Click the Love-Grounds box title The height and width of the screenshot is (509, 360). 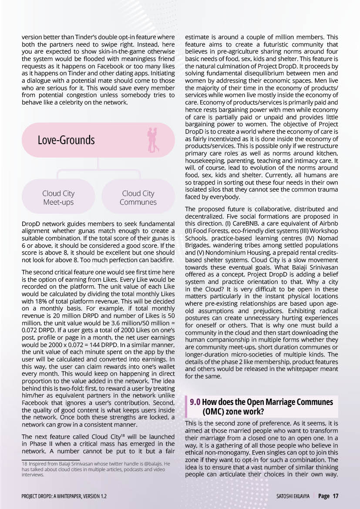pyautogui.click(x=66, y=140)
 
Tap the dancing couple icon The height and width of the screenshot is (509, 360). pyautogui.click(x=153, y=140)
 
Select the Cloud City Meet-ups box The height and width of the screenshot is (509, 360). pyautogui.click(x=58, y=198)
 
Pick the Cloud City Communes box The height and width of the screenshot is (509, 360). pyautogui.click(x=138, y=198)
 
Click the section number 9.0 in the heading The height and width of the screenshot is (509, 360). pyautogui.click(x=195, y=402)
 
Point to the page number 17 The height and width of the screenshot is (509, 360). pyautogui.click(x=335, y=496)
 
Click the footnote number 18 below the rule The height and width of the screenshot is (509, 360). pyautogui.click(x=24, y=464)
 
